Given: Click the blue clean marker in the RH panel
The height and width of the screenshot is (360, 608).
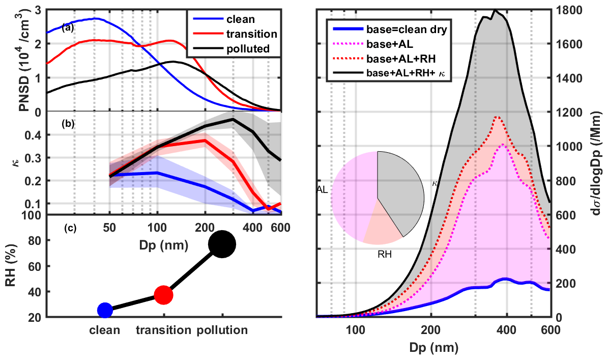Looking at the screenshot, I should [x=105, y=310].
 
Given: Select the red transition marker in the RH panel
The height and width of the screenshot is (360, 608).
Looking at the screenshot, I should [x=163, y=294].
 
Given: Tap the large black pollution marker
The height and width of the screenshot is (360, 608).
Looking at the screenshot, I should [x=222, y=244].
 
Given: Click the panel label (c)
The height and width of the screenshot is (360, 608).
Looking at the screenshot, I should [x=70, y=228].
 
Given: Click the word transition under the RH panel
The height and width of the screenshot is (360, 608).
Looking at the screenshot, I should [x=163, y=329].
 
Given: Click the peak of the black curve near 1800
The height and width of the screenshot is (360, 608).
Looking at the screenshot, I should [x=495, y=10].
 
